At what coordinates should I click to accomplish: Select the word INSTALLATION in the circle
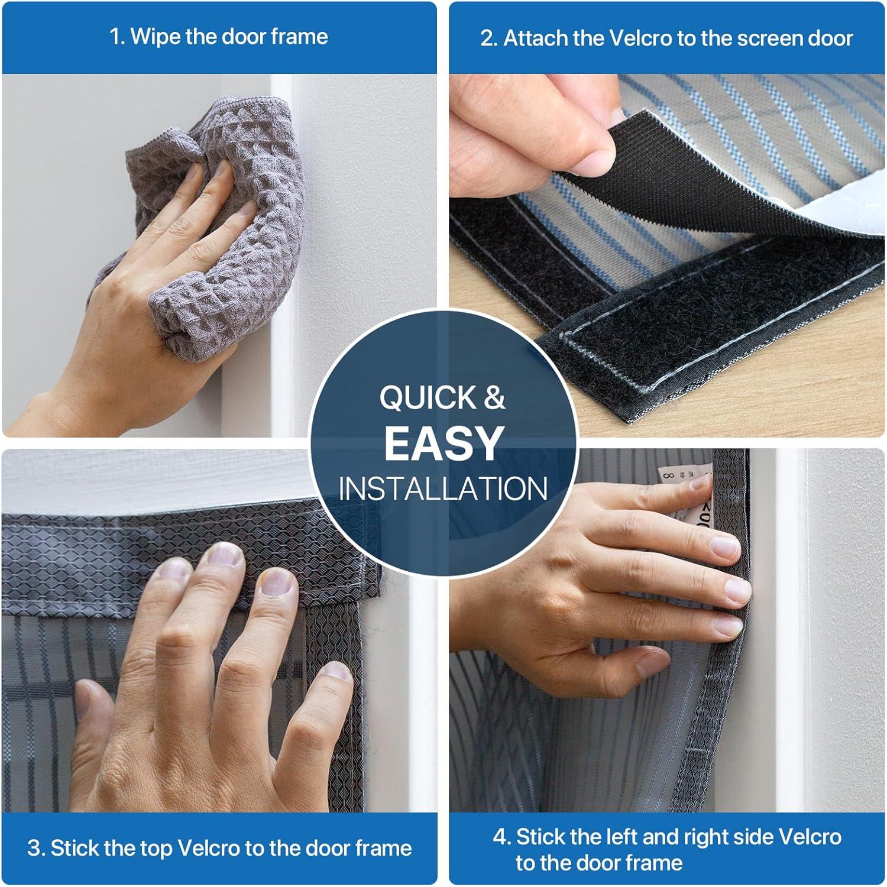pyautogui.click(x=443, y=489)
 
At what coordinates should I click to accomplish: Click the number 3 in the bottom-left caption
pyautogui.click(x=35, y=848)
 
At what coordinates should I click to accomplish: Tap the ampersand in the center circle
pyautogui.click(x=494, y=397)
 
